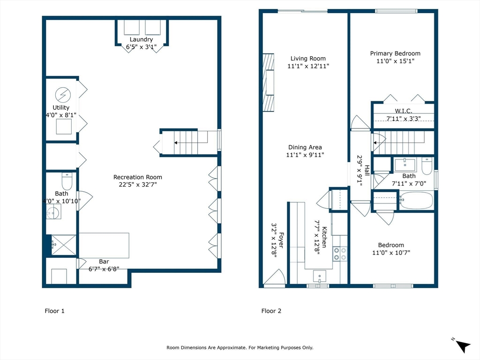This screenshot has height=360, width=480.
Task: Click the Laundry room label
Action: tap(141, 39)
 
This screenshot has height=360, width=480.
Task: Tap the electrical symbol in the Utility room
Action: tap(63, 95)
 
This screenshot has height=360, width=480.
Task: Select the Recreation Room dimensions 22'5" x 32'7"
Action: tap(138, 185)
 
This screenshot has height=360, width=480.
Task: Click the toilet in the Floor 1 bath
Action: tap(67, 181)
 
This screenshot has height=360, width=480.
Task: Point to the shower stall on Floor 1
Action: tap(64, 245)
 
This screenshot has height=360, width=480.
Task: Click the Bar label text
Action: tap(104, 262)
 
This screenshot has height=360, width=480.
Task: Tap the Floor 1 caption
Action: tap(54, 311)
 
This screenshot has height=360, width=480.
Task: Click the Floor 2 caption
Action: tap(271, 311)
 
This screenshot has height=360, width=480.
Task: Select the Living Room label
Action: tap(308, 59)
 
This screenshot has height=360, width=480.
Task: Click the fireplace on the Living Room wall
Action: tap(269, 82)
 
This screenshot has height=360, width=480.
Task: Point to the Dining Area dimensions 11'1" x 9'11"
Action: tap(305, 155)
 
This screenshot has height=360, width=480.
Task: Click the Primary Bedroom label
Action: tap(395, 53)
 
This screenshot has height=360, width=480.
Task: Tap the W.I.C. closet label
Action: tap(404, 111)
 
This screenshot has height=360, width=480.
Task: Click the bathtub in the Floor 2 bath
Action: tap(416, 201)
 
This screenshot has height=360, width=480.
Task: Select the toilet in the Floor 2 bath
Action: tap(427, 165)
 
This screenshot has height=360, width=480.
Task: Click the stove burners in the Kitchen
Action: tap(340, 254)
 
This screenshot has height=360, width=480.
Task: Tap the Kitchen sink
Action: tap(319, 276)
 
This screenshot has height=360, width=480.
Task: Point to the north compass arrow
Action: tap(463, 346)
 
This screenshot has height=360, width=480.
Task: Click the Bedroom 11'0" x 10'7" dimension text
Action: tap(391, 253)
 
